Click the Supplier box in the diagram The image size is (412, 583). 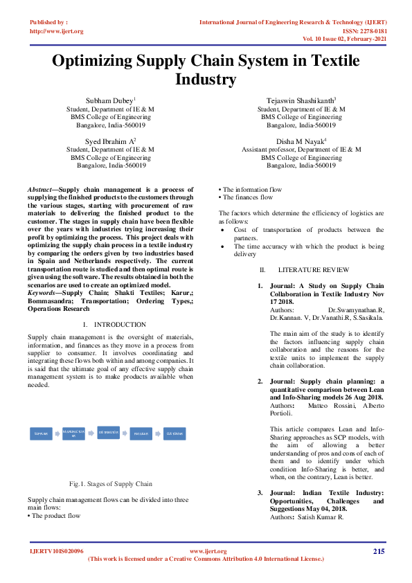(41, 434)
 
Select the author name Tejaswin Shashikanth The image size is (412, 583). (301, 101)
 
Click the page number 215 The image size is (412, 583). (378, 551)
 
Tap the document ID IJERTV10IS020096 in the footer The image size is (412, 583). (57, 551)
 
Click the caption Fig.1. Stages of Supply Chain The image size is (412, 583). (111, 483)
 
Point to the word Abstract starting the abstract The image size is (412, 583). (41, 190)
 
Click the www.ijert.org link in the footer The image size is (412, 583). (207, 551)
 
